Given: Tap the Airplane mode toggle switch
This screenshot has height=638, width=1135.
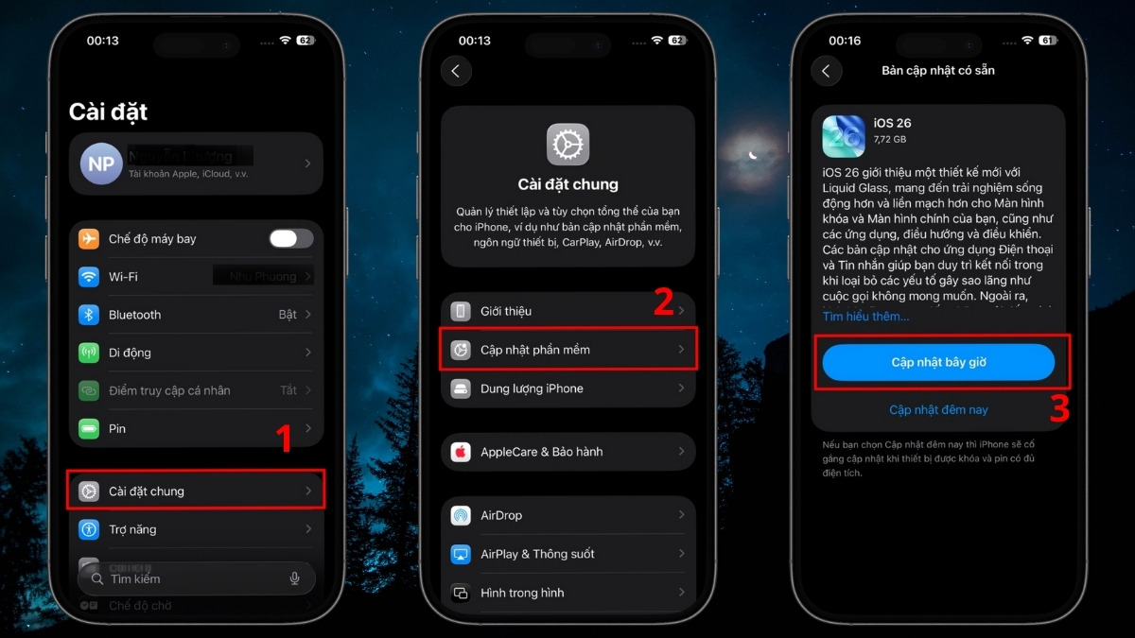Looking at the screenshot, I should [290, 238].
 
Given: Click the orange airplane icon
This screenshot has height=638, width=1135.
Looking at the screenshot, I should [89, 239].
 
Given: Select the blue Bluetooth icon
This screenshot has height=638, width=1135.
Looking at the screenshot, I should [89, 315].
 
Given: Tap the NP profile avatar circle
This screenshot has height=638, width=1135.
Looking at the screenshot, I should [101, 164].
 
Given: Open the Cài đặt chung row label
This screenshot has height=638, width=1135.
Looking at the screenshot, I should [147, 491].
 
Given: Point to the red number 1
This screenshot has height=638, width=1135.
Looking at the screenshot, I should [283, 440].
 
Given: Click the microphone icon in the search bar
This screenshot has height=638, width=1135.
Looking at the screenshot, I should [295, 578].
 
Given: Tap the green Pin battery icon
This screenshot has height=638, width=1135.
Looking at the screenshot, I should [89, 428].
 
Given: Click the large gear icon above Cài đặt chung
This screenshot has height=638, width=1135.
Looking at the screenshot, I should [567, 145].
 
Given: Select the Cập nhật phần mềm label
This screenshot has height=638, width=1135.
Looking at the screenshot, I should [535, 350].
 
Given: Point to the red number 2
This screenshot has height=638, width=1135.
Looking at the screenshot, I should [664, 302].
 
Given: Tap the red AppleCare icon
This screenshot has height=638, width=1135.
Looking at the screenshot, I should [461, 452].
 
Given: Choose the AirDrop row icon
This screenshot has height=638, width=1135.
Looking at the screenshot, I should [461, 515].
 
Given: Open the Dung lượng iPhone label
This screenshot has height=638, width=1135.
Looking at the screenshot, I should [532, 388].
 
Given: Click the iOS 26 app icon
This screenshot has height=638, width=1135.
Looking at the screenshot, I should [844, 136].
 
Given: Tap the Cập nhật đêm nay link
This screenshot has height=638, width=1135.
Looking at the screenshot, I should [938, 410].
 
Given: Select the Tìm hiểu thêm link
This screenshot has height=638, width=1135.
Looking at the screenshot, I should [865, 317].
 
